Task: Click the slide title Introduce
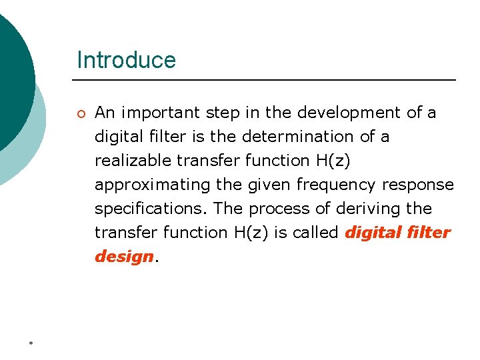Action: pyautogui.click(x=126, y=60)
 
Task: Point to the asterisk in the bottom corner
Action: pyautogui.click(x=31, y=343)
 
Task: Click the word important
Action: pyautogui.click(x=154, y=113)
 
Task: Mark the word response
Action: pyautogui.click(x=418, y=185)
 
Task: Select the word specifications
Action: pyautogui.click(x=151, y=209)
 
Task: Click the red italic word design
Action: pyautogui.click(x=124, y=257)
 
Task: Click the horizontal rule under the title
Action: pyautogui.click(x=267, y=80)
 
